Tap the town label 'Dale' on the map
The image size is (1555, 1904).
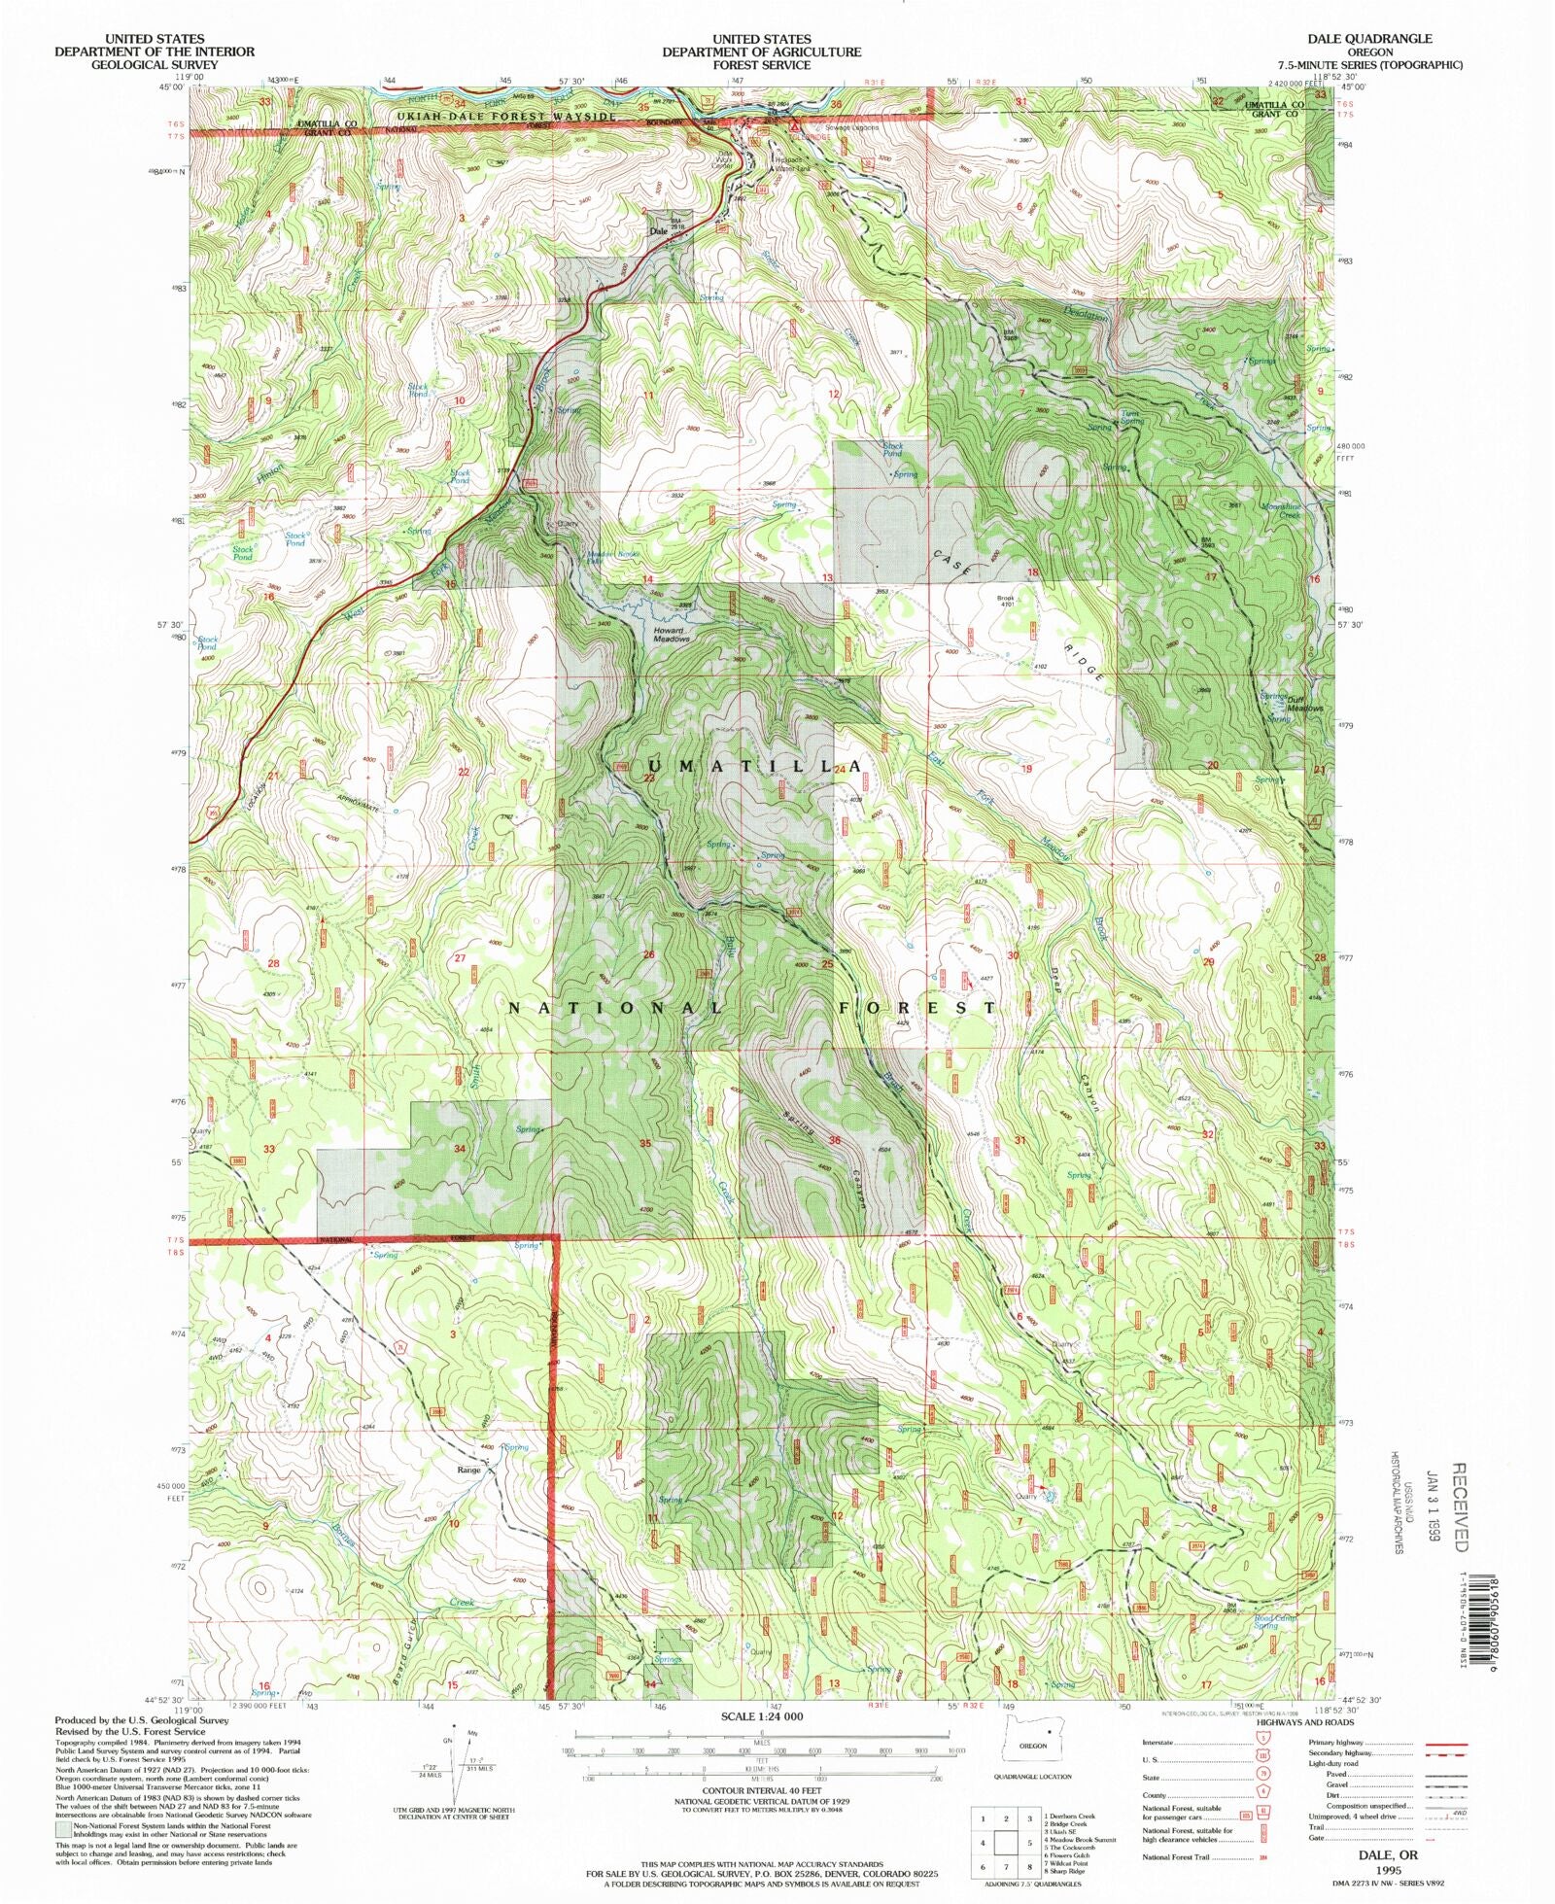click(659, 232)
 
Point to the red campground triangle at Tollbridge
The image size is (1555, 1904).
click(794, 125)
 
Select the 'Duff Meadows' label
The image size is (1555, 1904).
click(1304, 704)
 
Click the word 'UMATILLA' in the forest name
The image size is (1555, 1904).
click(740, 766)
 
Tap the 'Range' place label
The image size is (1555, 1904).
click(469, 1471)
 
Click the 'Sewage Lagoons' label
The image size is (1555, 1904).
click(852, 127)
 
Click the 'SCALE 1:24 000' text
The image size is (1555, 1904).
click(761, 1717)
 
